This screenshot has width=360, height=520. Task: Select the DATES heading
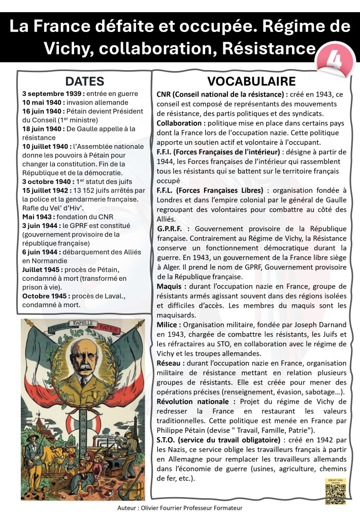85,81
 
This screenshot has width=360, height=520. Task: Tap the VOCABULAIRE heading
251,81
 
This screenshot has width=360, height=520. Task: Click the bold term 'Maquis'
170,287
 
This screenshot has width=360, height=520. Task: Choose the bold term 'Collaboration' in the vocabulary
181,123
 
